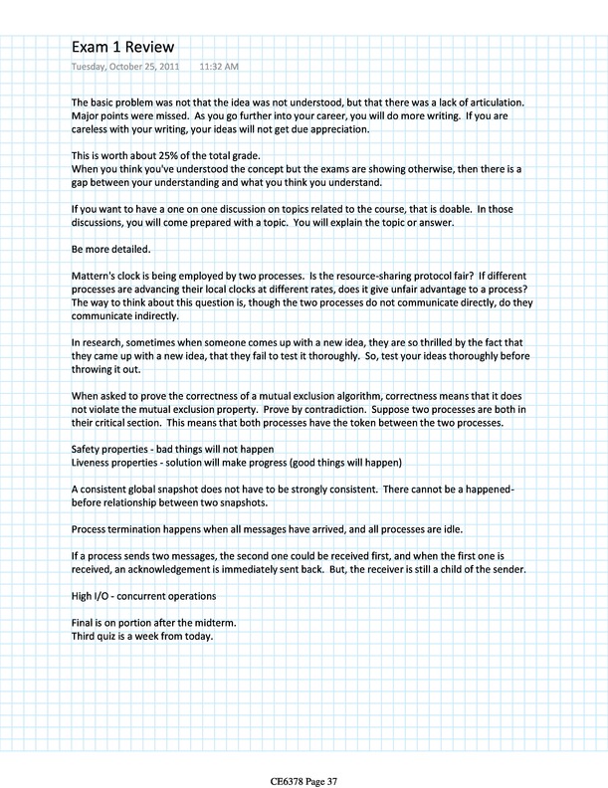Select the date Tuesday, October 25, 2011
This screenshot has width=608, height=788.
coord(127,68)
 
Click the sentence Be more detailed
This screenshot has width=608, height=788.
coord(113,247)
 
